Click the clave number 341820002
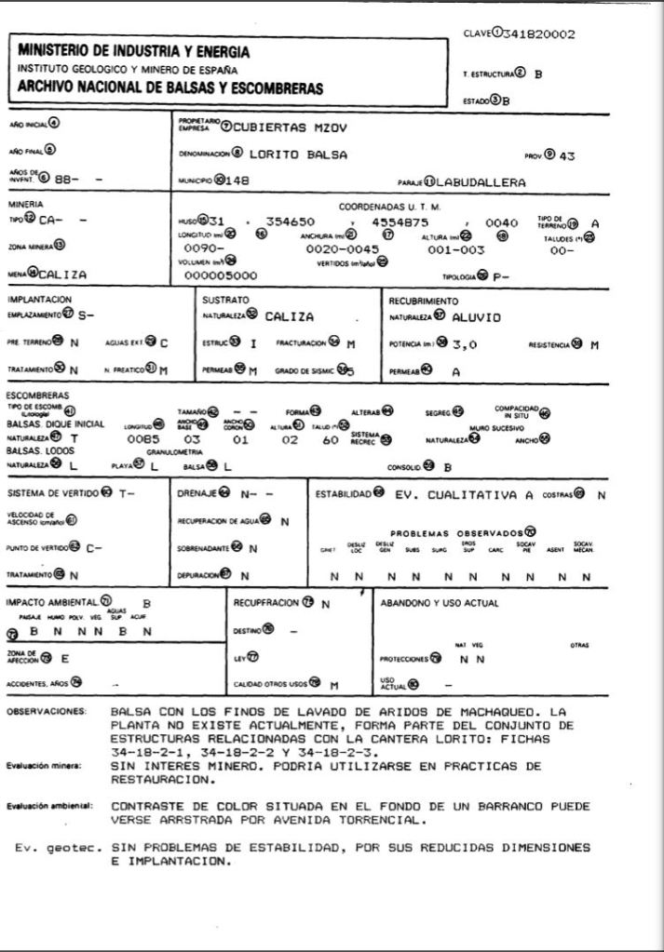pyautogui.click(x=538, y=35)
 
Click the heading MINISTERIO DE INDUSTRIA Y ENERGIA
pyautogui.click(x=134, y=52)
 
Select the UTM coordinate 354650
pyautogui.click(x=290, y=223)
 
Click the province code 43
pyautogui.click(x=566, y=155)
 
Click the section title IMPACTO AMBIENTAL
pyautogui.click(x=59, y=602)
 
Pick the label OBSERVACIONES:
pyautogui.click(x=47, y=712)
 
